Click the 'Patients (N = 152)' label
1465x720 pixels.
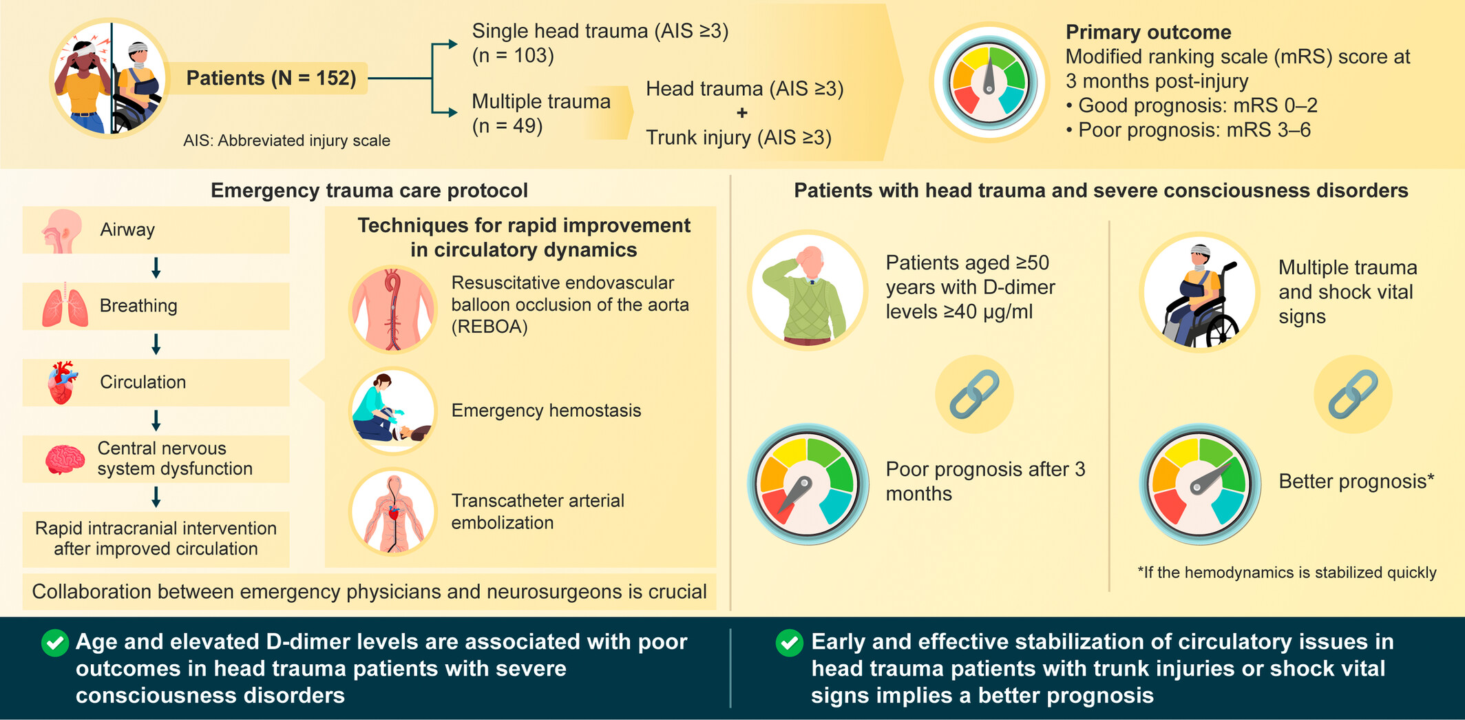click(271, 78)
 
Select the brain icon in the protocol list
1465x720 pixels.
click(65, 459)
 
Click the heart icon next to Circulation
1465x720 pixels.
click(63, 382)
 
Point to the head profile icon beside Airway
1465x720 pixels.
click(61, 231)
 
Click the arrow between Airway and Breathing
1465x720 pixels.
click(156, 268)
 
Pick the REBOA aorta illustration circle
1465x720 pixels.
click(393, 309)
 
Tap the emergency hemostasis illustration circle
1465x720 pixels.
click(393, 411)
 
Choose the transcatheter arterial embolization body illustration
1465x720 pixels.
click(393, 511)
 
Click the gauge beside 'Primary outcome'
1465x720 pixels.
click(989, 82)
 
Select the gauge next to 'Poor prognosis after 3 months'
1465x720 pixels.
click(808, 484)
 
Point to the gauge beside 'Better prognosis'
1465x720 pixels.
click(1200, 484)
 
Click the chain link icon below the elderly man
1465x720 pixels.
click(974, 394)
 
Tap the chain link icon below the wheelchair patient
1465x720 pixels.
click(1353, 394)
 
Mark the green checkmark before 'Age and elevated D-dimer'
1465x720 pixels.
click(55, 643)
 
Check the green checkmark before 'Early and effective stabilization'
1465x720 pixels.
click(790, 643)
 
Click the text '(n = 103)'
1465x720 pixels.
click(513, 55)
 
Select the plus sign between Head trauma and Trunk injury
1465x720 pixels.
click(741, 113)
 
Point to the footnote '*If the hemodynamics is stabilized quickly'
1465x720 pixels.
click(1287, 573)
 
